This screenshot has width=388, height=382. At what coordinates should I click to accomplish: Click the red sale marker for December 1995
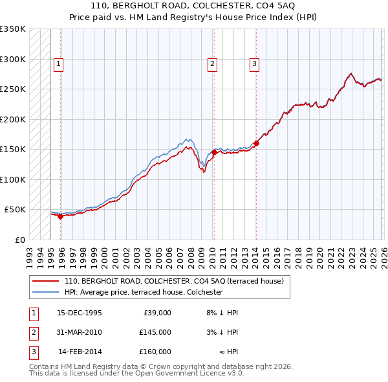(x=61, y=217)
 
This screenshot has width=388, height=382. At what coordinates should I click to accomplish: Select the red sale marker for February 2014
(x=256, y=144)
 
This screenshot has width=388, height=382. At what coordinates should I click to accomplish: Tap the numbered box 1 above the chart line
(x=59, y=63)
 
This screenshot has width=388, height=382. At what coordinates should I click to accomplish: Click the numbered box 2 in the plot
(x=211, y=63)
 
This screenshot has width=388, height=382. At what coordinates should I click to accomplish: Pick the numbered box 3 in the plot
(x=254, y=63)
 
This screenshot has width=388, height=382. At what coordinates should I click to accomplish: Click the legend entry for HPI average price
(x=143, y=293)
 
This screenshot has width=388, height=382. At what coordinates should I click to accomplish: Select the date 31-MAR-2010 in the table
(x=80, y=332)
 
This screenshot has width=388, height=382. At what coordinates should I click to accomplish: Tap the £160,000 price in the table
(x=155, y=352)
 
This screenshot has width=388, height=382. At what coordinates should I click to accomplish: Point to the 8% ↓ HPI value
(x=222, y=313)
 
